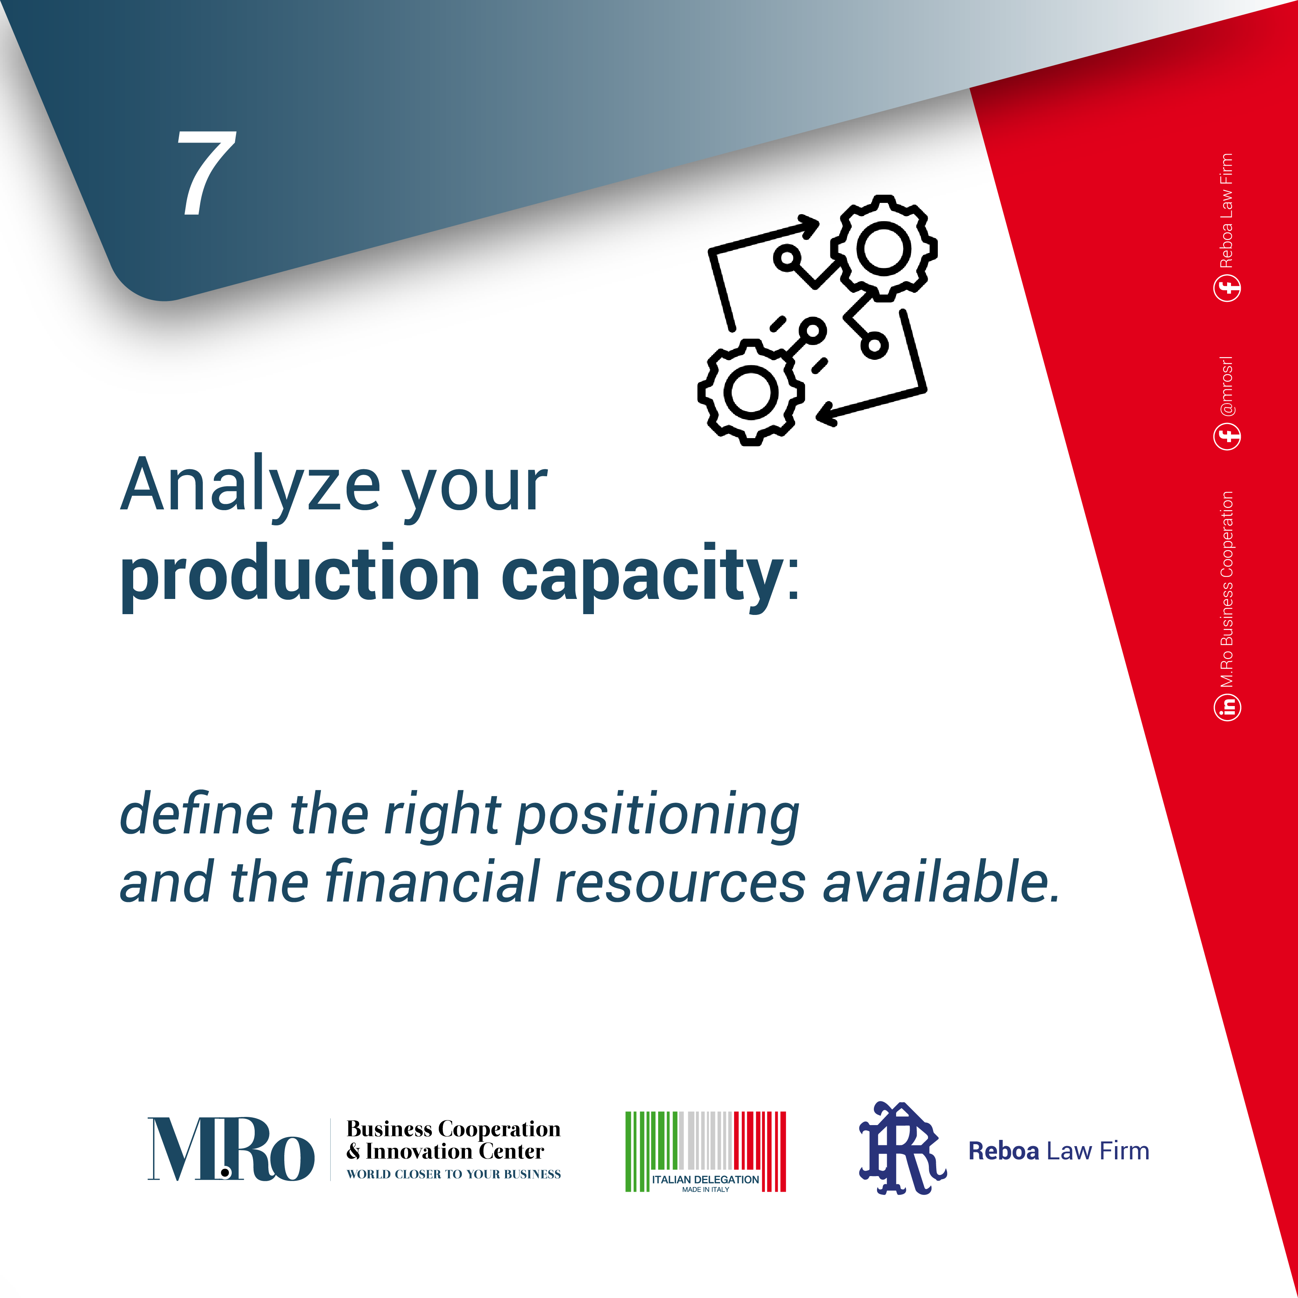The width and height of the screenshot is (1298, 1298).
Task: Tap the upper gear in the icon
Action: (x=884, y=248)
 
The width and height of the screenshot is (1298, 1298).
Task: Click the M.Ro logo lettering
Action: (x=231, y=1150)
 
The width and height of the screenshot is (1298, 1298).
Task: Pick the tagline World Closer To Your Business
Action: (x=453, y=1175)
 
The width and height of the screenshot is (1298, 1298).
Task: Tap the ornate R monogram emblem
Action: (x=902, y=1150)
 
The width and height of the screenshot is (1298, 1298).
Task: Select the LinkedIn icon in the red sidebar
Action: (x=1228, y=707)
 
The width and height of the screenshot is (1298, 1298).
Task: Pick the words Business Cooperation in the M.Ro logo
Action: (x=453, y=1129)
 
